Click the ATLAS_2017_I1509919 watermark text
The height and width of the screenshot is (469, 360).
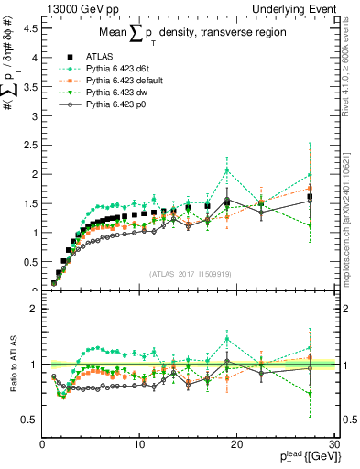pos(190,273)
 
